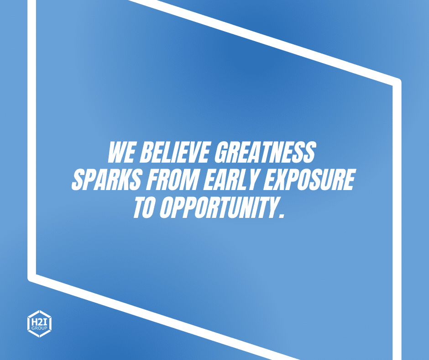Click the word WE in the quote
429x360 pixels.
121,152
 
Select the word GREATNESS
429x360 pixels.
265,152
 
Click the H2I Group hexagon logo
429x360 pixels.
39,323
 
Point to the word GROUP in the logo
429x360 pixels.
39,328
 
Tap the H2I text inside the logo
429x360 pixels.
39,321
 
